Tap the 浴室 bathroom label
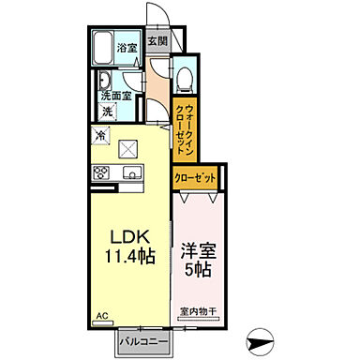click(127, 48)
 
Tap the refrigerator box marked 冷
click(100, 135)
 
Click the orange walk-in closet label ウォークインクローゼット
click(184, 120)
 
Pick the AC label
click(100, 318)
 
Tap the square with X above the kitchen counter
click(129, 148)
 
